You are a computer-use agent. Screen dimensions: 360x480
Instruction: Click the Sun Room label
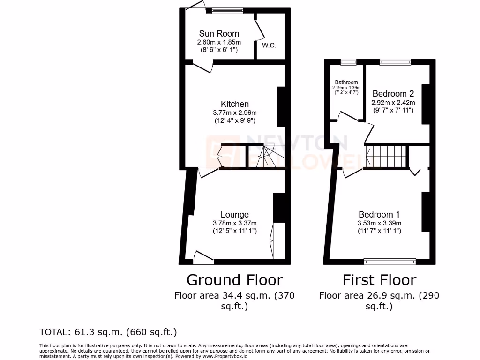click(x=219, y=34)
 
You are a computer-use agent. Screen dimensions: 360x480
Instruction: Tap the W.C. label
click(x=269, y=45)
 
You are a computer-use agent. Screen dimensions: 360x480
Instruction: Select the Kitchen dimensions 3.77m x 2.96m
click(x=235, y=112)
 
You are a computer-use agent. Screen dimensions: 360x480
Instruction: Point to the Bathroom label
click(x=346, y=82)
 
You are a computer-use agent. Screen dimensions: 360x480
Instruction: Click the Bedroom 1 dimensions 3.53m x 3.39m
click(x=379, y=223)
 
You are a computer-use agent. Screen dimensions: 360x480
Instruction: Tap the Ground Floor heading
click(x=234, y=280)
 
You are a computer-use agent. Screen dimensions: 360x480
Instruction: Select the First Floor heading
click(x=379, y=280)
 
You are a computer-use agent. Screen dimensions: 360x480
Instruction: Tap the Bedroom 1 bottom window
click(x=390, y=261)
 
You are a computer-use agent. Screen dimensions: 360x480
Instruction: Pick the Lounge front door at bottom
click(x=203, y=256)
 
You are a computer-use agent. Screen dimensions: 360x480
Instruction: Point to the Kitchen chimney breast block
click(x=281, y=107)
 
